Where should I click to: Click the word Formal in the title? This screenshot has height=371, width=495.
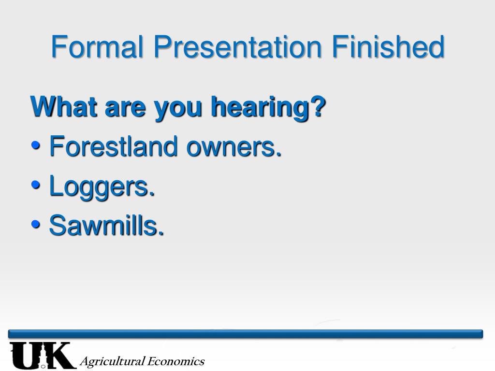[97, 47]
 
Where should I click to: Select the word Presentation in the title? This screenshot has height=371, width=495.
[238, 47]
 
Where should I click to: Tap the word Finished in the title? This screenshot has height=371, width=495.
[388, 47]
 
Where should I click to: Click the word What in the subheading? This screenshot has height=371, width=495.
[64, 107]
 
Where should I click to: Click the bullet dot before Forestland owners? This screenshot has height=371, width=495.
[36, 146]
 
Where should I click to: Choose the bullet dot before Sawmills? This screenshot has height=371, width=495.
[36, 224]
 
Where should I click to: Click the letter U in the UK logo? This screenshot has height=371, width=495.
[25, 355]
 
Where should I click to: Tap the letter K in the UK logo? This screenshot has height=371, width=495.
[60, 355]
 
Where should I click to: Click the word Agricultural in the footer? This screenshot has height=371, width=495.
[112, 361]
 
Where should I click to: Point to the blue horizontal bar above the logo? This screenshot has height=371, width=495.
[246, 334]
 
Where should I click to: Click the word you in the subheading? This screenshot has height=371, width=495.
[178, 110]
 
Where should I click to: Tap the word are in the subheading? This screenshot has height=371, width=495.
[125, 109]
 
